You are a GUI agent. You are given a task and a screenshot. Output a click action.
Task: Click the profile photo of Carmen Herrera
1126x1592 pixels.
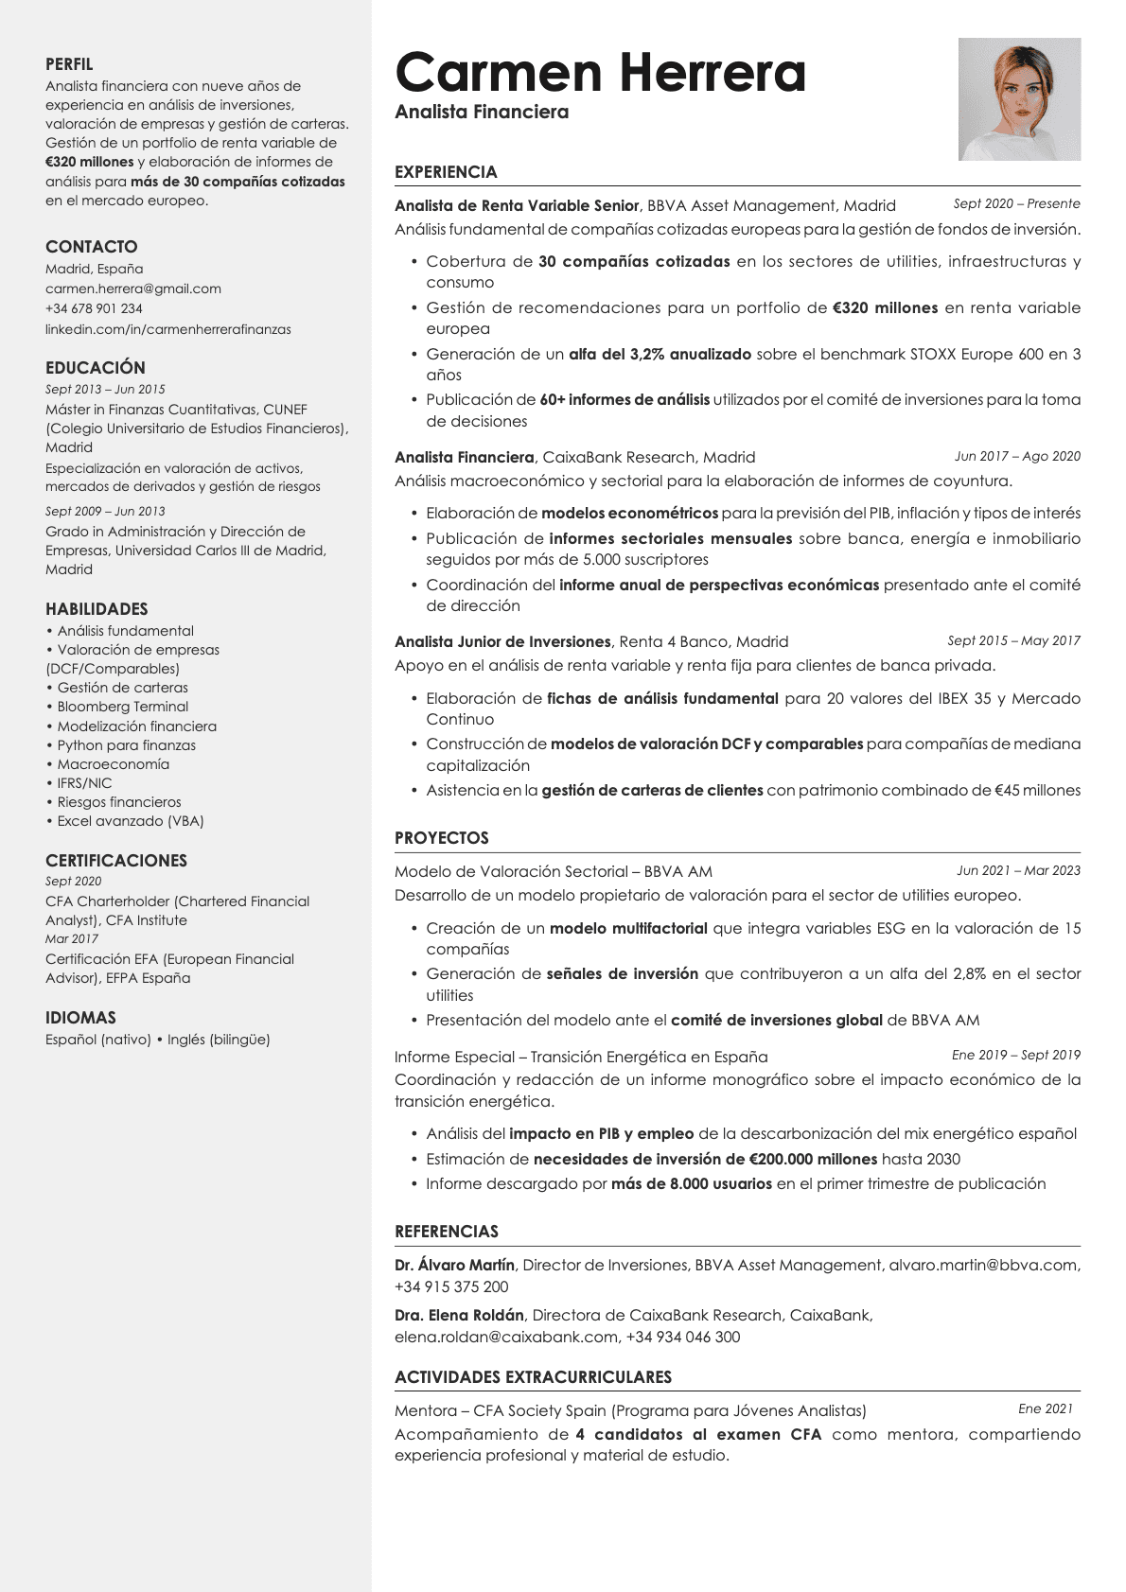click(1019, 99)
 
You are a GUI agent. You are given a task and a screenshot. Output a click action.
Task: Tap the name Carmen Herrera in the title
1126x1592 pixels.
click(600, 73)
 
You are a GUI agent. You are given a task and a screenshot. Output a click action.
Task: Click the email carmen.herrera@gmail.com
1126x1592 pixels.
click(133, 289)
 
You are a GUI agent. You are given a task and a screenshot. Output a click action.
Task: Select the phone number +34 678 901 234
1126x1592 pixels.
click(94, 308)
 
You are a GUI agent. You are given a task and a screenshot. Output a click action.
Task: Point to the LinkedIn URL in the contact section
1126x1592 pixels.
click(168, 329)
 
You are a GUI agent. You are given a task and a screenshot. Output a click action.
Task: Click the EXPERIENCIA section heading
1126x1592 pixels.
click(446, 172)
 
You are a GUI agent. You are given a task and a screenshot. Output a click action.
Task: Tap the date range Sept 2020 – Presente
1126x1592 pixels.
click(1016, 203)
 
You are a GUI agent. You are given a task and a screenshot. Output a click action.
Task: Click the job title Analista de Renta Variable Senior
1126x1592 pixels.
click(517, 205)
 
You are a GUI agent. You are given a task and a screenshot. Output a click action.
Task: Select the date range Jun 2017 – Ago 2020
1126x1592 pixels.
click(1017, 456)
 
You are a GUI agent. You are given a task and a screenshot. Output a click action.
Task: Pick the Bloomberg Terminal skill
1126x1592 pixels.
click(123, 707)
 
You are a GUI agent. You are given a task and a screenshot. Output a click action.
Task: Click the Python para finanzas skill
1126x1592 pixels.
click(127, 745)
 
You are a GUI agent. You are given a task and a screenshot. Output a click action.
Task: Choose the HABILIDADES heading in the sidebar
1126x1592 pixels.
click(97, 609)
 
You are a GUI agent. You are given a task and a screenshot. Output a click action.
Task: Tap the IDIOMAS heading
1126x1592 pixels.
click(80, 1018)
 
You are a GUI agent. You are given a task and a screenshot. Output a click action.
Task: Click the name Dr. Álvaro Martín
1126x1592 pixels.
click(455, 1265)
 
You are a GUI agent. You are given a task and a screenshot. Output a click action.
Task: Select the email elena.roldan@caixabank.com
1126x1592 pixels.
click(506, 1337)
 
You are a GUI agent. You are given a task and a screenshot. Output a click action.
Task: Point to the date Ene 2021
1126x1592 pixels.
click(1046, 1408)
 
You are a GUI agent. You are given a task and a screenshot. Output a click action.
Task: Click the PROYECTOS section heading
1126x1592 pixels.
click(442, 838)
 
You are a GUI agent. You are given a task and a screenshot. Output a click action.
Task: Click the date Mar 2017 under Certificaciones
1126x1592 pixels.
click(72, 939)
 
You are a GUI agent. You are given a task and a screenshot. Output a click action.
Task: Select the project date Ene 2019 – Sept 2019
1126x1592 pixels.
click(1015, 1055)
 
